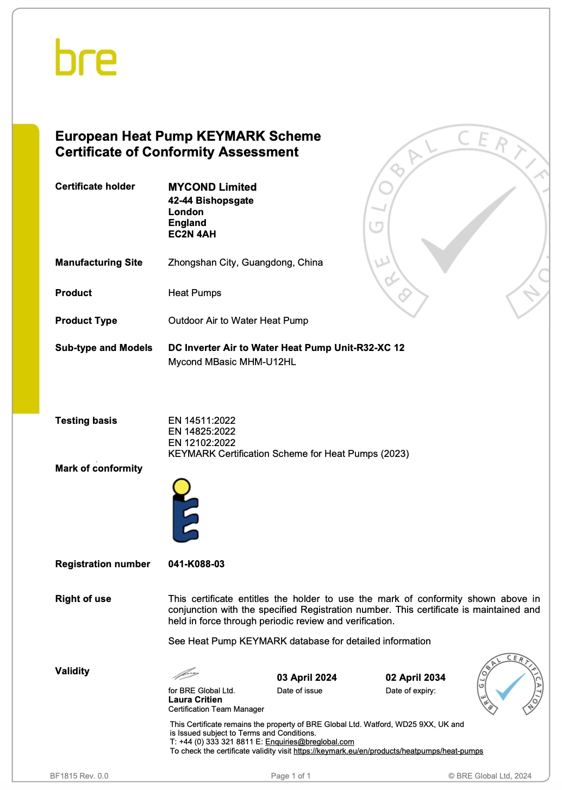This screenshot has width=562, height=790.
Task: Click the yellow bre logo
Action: point(86,58)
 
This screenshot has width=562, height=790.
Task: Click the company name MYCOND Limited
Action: point(212,187)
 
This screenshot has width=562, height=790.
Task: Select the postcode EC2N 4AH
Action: point(192,234)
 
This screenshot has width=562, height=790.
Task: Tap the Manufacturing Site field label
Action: point(98,262)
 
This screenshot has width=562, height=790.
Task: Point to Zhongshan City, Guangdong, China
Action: point(245,262)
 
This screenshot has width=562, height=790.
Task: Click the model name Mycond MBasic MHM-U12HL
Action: point(232,362)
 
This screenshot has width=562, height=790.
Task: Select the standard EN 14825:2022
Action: point(202,431)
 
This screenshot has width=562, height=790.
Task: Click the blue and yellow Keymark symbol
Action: point(185,510)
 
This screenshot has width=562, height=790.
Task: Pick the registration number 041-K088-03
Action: point(196,564)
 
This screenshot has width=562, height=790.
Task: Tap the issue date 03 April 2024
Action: point(307,678)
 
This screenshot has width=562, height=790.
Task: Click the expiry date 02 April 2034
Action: point(415,678)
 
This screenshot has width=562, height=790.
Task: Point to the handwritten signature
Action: point(185,674)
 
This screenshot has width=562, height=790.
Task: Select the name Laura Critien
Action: point(195,700)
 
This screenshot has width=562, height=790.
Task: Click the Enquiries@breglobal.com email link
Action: point(309,742)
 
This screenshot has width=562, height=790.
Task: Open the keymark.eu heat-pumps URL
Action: point(388,751)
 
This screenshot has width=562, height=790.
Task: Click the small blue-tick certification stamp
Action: point(510,684)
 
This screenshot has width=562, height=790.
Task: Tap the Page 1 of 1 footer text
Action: point(291,776)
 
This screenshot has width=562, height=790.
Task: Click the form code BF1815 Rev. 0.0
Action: point(79,776)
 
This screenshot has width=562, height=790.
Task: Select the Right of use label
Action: point(83,599)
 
